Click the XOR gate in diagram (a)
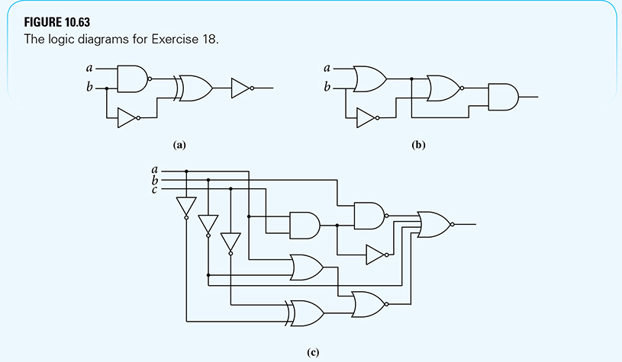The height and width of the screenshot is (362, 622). (x=194, y=88)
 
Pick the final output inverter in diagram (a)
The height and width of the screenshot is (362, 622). (x=241, y=88)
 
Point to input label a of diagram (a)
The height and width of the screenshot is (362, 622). (x=91, y=67)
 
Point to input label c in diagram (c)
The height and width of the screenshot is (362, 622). (x=156, y=189)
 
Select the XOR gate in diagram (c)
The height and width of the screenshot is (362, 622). (x=306, y=312)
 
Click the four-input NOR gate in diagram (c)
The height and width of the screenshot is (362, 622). (x=434, y=224)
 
